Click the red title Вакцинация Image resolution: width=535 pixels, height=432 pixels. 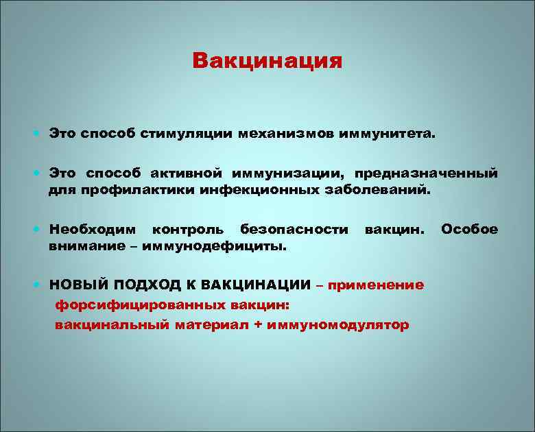point(267,62)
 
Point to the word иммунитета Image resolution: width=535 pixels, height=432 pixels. point(388,134)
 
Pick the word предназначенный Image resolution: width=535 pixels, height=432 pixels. point(426,173)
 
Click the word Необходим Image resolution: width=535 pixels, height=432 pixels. point(93,229)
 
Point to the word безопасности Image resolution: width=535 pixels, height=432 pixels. point(294,229)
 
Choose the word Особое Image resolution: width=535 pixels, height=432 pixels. point(469,229)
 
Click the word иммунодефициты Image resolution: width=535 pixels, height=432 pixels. point(214,246)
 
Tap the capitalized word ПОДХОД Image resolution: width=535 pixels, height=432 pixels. point(147,285)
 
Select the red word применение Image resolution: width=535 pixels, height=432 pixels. point(376,285)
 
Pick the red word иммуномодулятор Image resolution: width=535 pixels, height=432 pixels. point(337,325)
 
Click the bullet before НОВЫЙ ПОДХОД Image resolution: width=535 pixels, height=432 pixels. point(37,285)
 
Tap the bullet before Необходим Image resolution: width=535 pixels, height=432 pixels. point(37,229)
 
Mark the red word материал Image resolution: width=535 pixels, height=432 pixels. point(212,325)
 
